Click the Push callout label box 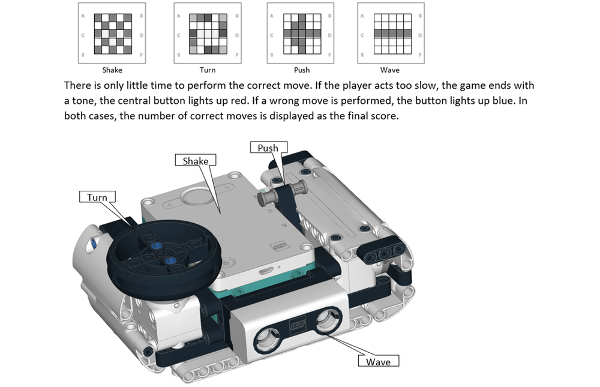[268, 148]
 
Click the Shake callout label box [195, 160]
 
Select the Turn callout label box [97, 197]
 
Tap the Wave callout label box [378, 361]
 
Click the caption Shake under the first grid [112, 70]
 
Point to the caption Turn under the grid [207, 70]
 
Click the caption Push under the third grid [302, 70]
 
